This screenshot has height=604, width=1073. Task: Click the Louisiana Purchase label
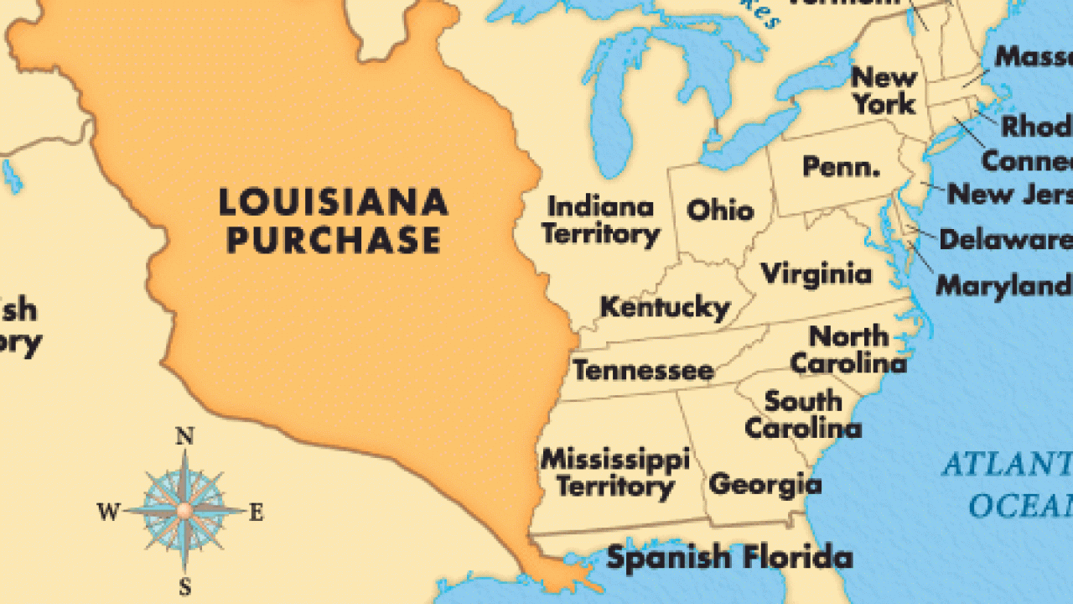click(333, 221)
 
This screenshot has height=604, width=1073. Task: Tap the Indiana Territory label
click(600, 220)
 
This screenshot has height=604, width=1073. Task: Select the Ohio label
click(720, 209)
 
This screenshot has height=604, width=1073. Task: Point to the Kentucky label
click(665, 307)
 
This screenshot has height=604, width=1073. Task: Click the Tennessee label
click(643, 370)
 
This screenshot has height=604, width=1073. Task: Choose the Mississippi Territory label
click(615, 472)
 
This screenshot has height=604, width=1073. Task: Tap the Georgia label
click(765, 484)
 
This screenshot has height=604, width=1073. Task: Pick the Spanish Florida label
click(729, 558)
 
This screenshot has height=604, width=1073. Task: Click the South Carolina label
click(803, 414)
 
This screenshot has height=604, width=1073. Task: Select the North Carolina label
click(848, 350)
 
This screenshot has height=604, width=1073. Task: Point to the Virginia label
click(816, 273)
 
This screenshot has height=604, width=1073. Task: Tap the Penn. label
click(842, 166)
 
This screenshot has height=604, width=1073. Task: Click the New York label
click(884, 91)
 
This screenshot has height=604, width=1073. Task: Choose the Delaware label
click(1004, 240)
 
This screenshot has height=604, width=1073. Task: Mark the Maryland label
click(1003, 285)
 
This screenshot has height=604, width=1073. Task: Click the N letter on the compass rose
click(184, 436)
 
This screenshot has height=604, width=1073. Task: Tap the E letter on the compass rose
click(256, 513)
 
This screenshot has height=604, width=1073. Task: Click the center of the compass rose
click(184, 509)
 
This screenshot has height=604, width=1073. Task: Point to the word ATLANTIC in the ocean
click(1006, 464)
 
